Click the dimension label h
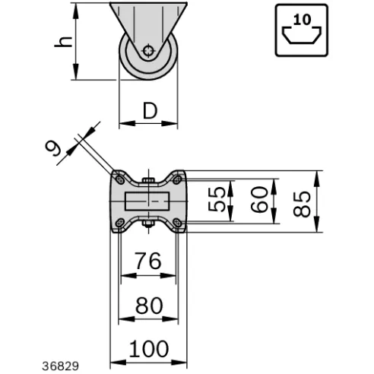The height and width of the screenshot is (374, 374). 63,42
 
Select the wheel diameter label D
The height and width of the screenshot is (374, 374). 150,111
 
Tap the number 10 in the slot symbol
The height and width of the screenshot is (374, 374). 302,20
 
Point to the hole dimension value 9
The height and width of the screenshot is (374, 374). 53,149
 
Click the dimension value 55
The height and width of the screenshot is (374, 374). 217,199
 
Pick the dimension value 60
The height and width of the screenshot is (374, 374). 259,199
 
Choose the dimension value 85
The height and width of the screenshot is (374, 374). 302,204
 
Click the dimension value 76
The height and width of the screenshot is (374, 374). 148,261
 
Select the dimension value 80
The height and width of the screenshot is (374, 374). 149,306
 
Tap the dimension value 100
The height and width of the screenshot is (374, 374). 149,349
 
